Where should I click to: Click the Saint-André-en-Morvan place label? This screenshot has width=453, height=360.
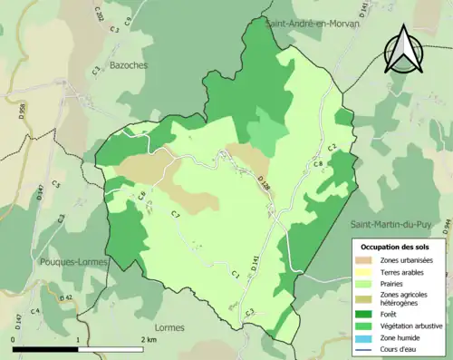pyautogui.click(x=312, y=24)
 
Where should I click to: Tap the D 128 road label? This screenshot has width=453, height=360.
pyautogui.click(x=264, y=182)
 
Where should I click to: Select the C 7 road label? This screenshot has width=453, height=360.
pyautogui.click(x=176, y=214)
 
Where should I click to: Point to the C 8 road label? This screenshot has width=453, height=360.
pyautogui.click(x=318, y=164)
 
